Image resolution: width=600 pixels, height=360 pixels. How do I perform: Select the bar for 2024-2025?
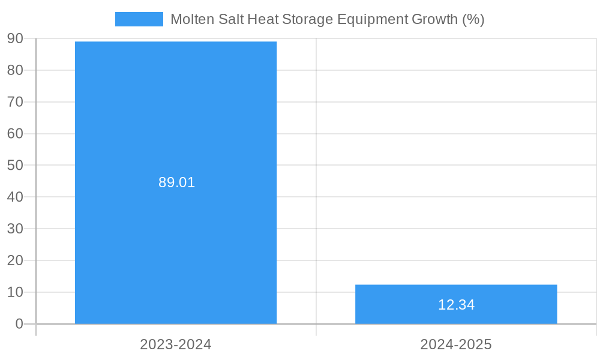pos(456,294)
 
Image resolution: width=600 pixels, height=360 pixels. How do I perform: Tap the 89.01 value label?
pos(177,182)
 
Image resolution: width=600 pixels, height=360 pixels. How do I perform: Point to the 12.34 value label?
pos(456,305)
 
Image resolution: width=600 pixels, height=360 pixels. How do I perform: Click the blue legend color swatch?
pos(139,19)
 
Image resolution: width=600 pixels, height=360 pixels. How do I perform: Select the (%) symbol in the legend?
pos(473,19)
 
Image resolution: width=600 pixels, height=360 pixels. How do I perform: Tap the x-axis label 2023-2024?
pos(176,344)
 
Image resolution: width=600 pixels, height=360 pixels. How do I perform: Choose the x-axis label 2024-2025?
pos(456,344)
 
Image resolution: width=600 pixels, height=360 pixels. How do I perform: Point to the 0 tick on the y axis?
pos(19,324)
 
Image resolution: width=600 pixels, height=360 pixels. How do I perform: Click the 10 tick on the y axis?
pos(15,292)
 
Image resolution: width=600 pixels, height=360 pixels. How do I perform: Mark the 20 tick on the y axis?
pos(15,260)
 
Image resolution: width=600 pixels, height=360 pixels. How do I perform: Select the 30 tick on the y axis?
pos(15,229)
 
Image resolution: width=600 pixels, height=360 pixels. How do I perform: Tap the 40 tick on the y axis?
pos(15,197)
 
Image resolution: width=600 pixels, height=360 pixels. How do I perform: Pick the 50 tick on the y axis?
pos(15,165)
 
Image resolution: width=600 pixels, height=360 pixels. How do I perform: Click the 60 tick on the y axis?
pos(15,133)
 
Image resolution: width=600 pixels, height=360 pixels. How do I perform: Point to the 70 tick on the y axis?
pos(15,102)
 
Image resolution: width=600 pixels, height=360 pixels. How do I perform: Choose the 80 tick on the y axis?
pos(15,70)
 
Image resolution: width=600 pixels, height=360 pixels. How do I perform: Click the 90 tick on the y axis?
pos(15,38)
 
